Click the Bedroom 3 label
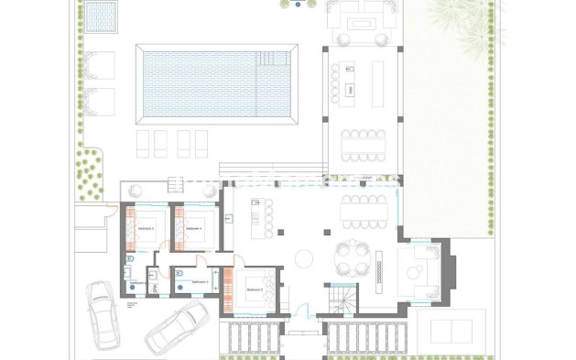146,227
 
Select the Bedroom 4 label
194,227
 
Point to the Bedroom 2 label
255,289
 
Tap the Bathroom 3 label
137,283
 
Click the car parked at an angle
176,328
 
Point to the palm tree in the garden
467,16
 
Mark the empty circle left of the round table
302,257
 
